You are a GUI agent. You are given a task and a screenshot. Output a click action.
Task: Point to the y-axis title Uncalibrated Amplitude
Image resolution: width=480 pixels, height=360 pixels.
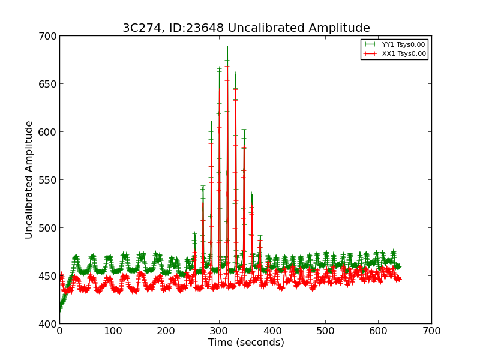29,179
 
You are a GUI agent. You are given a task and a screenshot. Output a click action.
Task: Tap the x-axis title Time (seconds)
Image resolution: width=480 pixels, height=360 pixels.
246,343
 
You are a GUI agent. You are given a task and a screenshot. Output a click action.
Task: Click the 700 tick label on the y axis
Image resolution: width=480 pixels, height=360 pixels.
49,36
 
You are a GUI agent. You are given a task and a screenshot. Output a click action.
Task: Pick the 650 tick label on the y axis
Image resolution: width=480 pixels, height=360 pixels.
49,84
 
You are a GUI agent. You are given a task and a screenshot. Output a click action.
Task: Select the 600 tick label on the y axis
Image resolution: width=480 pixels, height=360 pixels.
49,132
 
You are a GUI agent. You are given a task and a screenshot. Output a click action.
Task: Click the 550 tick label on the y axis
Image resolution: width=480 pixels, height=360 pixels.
49,180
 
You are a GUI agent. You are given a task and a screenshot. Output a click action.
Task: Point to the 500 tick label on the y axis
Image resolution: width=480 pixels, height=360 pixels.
49,228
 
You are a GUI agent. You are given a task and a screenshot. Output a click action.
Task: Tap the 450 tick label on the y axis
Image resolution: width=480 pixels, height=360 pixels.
49,276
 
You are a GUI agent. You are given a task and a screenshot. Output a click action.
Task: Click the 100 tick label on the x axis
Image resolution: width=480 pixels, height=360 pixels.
113,331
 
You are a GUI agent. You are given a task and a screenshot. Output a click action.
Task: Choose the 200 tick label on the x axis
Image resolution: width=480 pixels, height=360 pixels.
166,331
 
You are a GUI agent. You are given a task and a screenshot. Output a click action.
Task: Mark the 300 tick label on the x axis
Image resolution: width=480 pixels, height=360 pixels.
219,331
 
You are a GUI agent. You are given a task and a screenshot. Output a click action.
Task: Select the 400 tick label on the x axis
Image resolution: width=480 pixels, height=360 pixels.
272,331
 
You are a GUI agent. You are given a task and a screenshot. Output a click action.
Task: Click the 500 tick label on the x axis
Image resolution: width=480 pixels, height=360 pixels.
325,331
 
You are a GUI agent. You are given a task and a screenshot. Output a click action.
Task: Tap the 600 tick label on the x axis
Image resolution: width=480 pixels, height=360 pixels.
378,331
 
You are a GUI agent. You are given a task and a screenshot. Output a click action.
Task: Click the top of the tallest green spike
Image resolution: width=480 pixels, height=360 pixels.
227,46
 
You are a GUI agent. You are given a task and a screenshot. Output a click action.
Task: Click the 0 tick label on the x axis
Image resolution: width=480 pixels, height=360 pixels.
59,331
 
